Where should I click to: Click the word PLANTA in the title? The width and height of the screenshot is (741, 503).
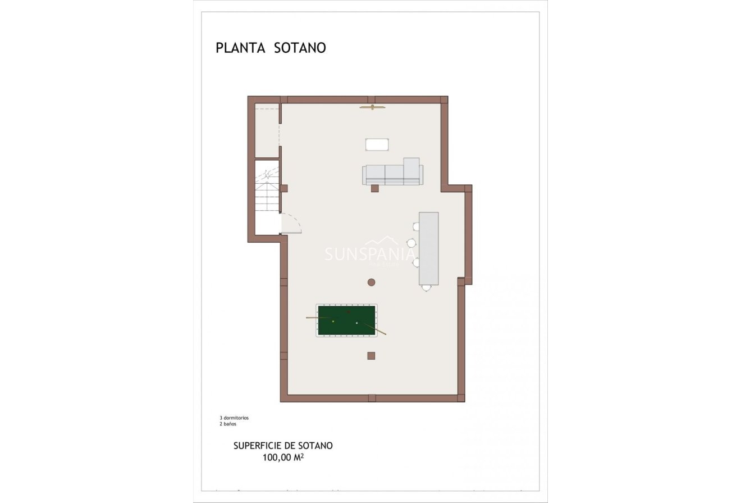240,48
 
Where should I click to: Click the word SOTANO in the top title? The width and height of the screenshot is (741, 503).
300,48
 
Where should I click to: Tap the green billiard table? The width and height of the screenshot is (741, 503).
346,321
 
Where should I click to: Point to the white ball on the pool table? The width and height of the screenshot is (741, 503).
356,323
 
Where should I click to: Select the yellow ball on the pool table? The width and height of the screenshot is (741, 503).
333,321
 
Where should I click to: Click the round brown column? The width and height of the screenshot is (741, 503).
371,282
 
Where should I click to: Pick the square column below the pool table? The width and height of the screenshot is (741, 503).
371,355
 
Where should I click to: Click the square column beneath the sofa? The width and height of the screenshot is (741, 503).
374,188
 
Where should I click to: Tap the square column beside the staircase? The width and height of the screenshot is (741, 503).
284,188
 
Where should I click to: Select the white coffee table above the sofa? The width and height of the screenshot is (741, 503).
377,144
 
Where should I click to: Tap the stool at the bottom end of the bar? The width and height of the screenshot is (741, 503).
427,288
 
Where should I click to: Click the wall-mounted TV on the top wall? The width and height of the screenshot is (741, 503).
372,107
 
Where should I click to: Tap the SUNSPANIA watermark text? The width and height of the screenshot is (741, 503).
370,254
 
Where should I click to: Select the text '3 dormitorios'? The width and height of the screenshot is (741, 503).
234,418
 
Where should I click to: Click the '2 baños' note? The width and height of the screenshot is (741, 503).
228,424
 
